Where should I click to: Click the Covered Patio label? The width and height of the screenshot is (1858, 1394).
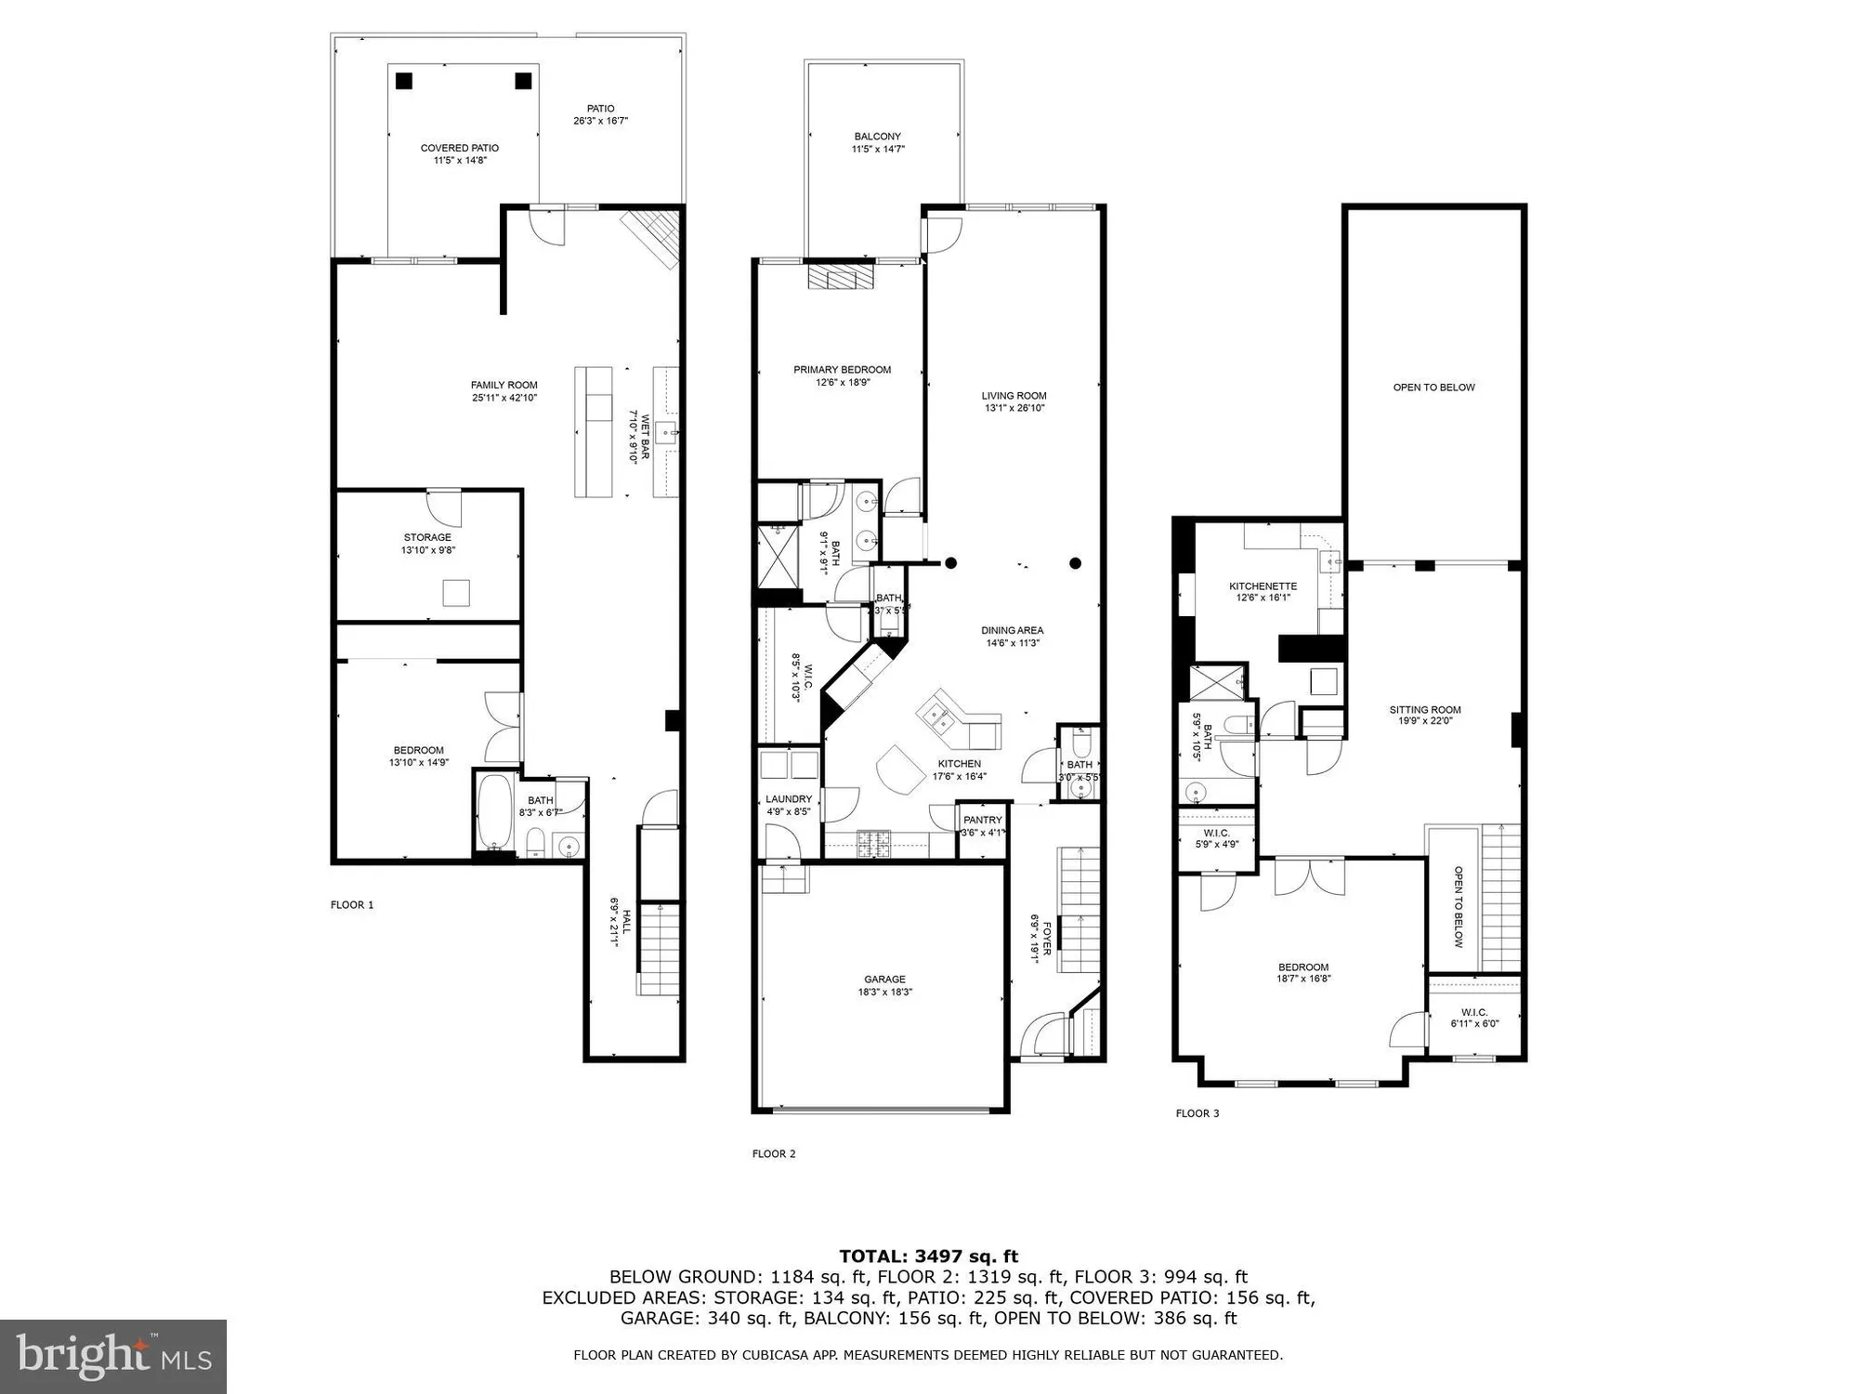tap(459, 149)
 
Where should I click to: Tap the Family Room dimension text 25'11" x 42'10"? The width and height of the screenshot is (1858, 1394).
tap(504, 399)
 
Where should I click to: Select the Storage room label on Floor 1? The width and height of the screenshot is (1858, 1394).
tap(427, 538)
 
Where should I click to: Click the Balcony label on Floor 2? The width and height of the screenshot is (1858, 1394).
tap(877, 137)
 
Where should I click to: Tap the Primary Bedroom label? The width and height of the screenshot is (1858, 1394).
tap(842, 370)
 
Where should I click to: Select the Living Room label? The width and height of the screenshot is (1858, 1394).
tap(1014, 396)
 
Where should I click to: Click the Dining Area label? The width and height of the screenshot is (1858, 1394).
tap(1012, 631)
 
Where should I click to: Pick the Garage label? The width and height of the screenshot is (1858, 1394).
tap(884, 980)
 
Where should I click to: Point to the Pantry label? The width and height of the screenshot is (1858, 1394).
tap(982, 821)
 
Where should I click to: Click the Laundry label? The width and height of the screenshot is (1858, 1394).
tap(788, 799)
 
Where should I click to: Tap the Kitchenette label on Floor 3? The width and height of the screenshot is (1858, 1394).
tap(1263, 586)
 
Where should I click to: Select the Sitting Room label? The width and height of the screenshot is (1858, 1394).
tap(1425, 710)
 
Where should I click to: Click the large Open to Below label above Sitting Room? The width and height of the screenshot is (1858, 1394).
tap(1433, 388)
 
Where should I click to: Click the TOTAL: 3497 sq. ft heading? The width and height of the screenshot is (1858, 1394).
tap(929, 1256)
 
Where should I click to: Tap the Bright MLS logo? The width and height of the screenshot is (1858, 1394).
tap(113, 1356)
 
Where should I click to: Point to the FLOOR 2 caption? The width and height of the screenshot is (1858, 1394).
tap(774, 1154)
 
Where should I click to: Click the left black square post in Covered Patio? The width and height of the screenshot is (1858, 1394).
tap(403, 81)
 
